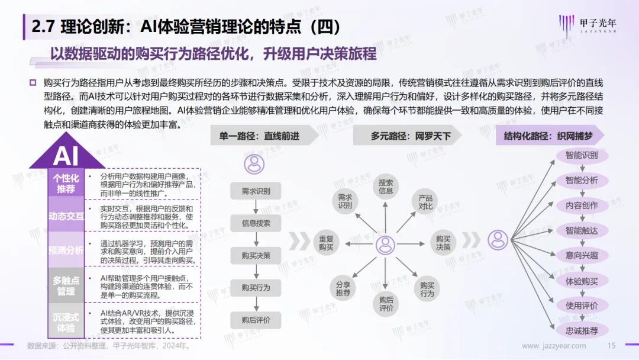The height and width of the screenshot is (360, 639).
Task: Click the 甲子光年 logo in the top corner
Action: point(588,25)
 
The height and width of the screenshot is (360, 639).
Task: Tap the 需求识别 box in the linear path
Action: point(256,191)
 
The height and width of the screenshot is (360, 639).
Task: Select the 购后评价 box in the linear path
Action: point(256,320)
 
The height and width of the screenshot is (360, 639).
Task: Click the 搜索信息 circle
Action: point(386,187)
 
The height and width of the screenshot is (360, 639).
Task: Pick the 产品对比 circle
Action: point(425,202)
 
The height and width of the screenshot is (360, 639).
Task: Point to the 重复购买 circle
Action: point(326,243)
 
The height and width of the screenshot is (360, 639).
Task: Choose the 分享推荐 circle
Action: point(343,289)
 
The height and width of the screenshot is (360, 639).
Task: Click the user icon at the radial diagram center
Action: point(385,245)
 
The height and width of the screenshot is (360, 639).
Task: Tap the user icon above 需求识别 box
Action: point(254,164)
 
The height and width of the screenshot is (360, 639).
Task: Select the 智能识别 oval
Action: point(582,155)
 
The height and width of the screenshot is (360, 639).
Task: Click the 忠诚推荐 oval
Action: point(582,330)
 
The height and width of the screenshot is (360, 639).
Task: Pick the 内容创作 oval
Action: point(582,205)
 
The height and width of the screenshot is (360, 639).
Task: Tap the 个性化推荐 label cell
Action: point(66,184)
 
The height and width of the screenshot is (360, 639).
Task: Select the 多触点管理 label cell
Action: point(66,286)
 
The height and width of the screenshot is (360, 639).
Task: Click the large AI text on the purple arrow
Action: point(66,156)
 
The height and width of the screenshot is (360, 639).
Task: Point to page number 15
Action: point(611,346)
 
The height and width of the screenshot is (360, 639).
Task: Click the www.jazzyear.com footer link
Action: point(554,346)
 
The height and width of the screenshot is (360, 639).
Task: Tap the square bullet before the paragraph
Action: point(33,83)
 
